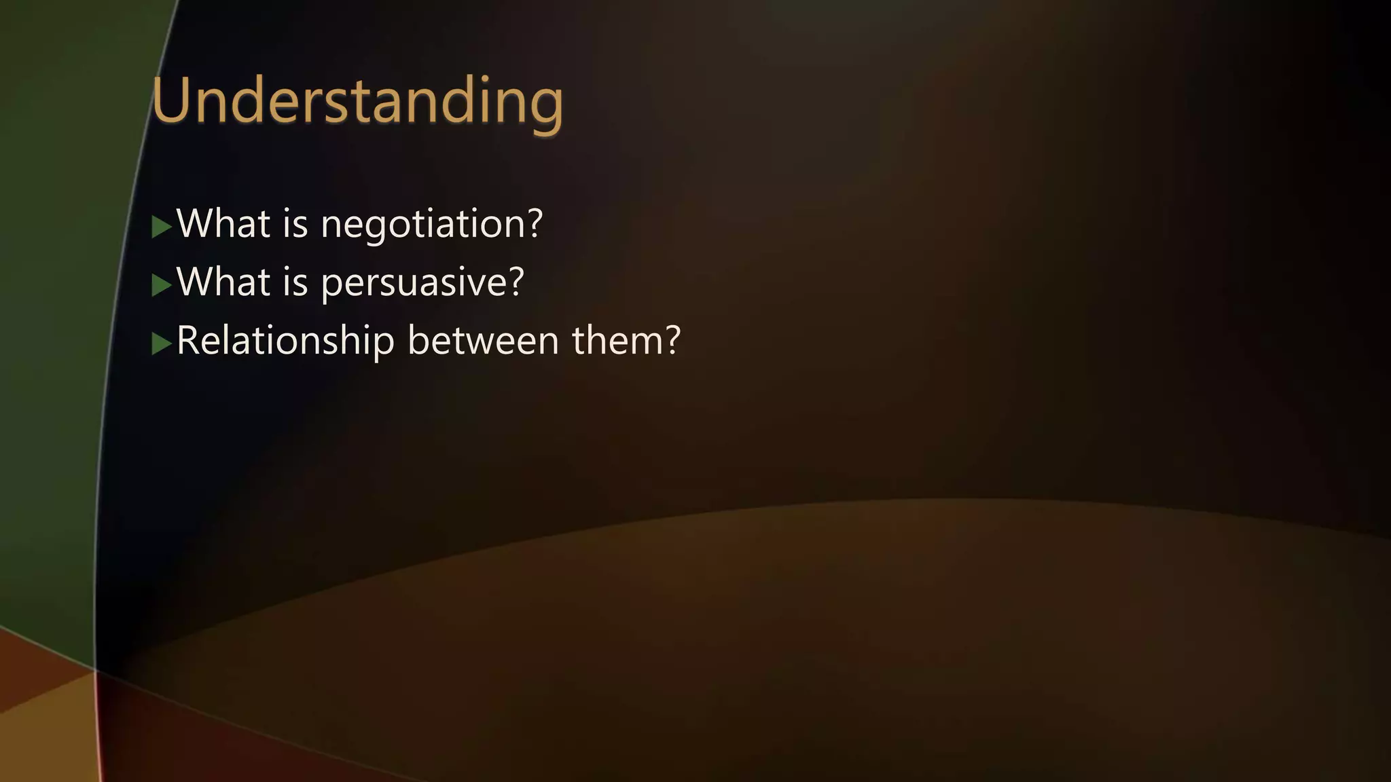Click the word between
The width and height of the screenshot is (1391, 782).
482,340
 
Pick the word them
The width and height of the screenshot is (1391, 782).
617,340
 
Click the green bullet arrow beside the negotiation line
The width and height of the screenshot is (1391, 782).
161,227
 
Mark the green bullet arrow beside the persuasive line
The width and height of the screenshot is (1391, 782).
161,285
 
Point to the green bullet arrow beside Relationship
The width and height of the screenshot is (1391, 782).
161,343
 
